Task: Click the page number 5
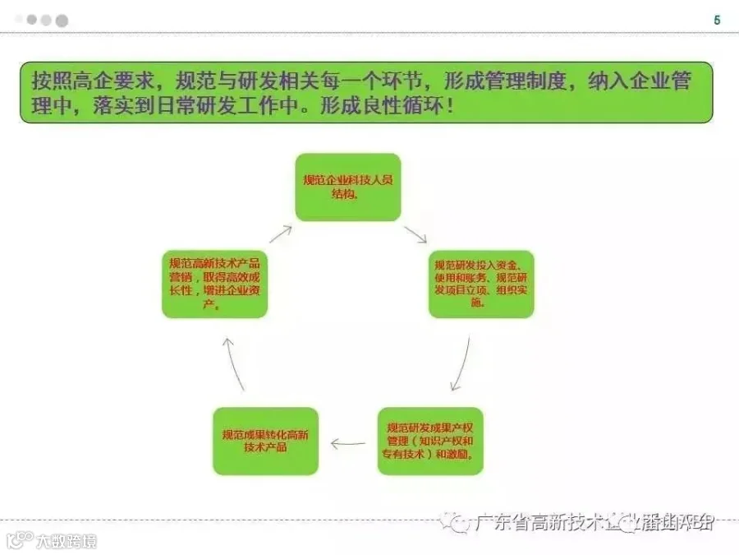(x=717, y=21)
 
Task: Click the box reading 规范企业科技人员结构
(x=348, y=187)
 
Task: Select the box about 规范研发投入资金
(x=481, y=284)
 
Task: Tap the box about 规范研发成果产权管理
(x=430, y=441)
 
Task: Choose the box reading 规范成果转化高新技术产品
(x=265, y=441)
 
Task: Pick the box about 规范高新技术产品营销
(x=215, y=284)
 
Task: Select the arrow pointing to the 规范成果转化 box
(x=347, y=444)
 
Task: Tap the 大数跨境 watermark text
(x=66, y=541)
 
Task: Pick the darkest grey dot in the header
(x=62, y=21)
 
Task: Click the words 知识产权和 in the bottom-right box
(x=448, y=441)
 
